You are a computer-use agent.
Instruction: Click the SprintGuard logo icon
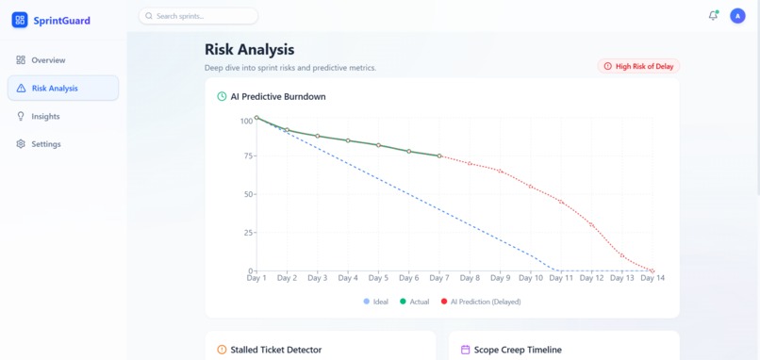(20, 20)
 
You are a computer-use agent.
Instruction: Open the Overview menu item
(47, 60)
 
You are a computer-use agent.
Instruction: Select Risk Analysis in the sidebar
(55, 89)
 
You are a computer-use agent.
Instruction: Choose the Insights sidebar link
(45, 117)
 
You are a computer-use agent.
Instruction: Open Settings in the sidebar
(45, 144)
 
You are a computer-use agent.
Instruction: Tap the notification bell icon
(713, 16)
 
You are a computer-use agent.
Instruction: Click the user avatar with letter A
(737, 16)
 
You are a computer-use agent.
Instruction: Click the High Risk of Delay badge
(639, 67)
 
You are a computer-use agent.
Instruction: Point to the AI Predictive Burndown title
(278, 96)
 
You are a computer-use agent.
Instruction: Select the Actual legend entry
(415, 302)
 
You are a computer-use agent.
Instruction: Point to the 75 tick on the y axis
(247, 156)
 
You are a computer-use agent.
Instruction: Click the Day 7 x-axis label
(439, 278)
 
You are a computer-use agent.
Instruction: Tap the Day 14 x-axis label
(653, 278)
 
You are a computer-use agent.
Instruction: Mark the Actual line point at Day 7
(439, 156)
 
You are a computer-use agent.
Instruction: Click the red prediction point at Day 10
(531, 187)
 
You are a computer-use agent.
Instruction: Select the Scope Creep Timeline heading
(517, 350)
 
